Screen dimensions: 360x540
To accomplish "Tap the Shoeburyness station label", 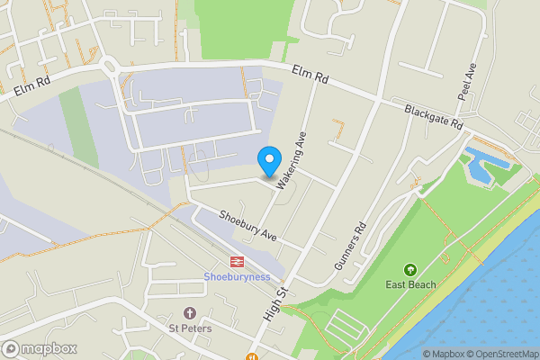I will click(237, 276).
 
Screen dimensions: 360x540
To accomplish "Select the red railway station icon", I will click(237, 262).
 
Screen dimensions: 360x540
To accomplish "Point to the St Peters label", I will click(189, 328).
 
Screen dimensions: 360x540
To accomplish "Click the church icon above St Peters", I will click(189, 313).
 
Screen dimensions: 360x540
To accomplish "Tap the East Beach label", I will click(410, 284).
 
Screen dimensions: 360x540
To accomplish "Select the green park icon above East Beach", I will click(410, 270).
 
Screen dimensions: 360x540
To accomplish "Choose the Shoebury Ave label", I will click(247, 225).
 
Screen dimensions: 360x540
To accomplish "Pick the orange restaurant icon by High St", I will click(251, 355).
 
